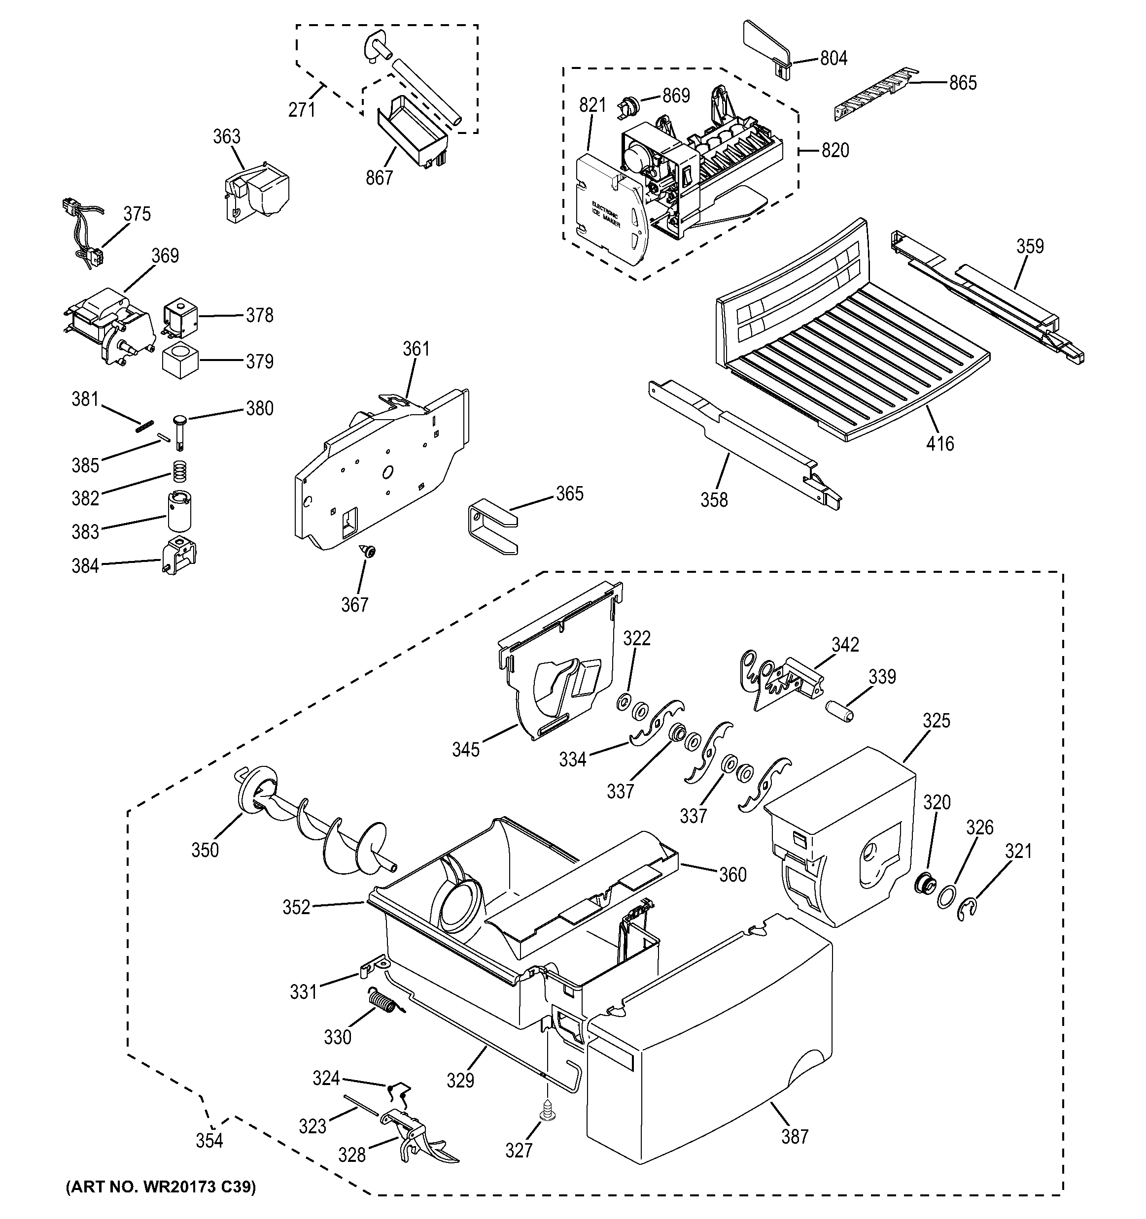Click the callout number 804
coord(833,58)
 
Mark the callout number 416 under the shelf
coord(940,443)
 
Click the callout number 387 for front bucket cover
coord(795,1136)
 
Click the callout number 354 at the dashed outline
coord(209,1141)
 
